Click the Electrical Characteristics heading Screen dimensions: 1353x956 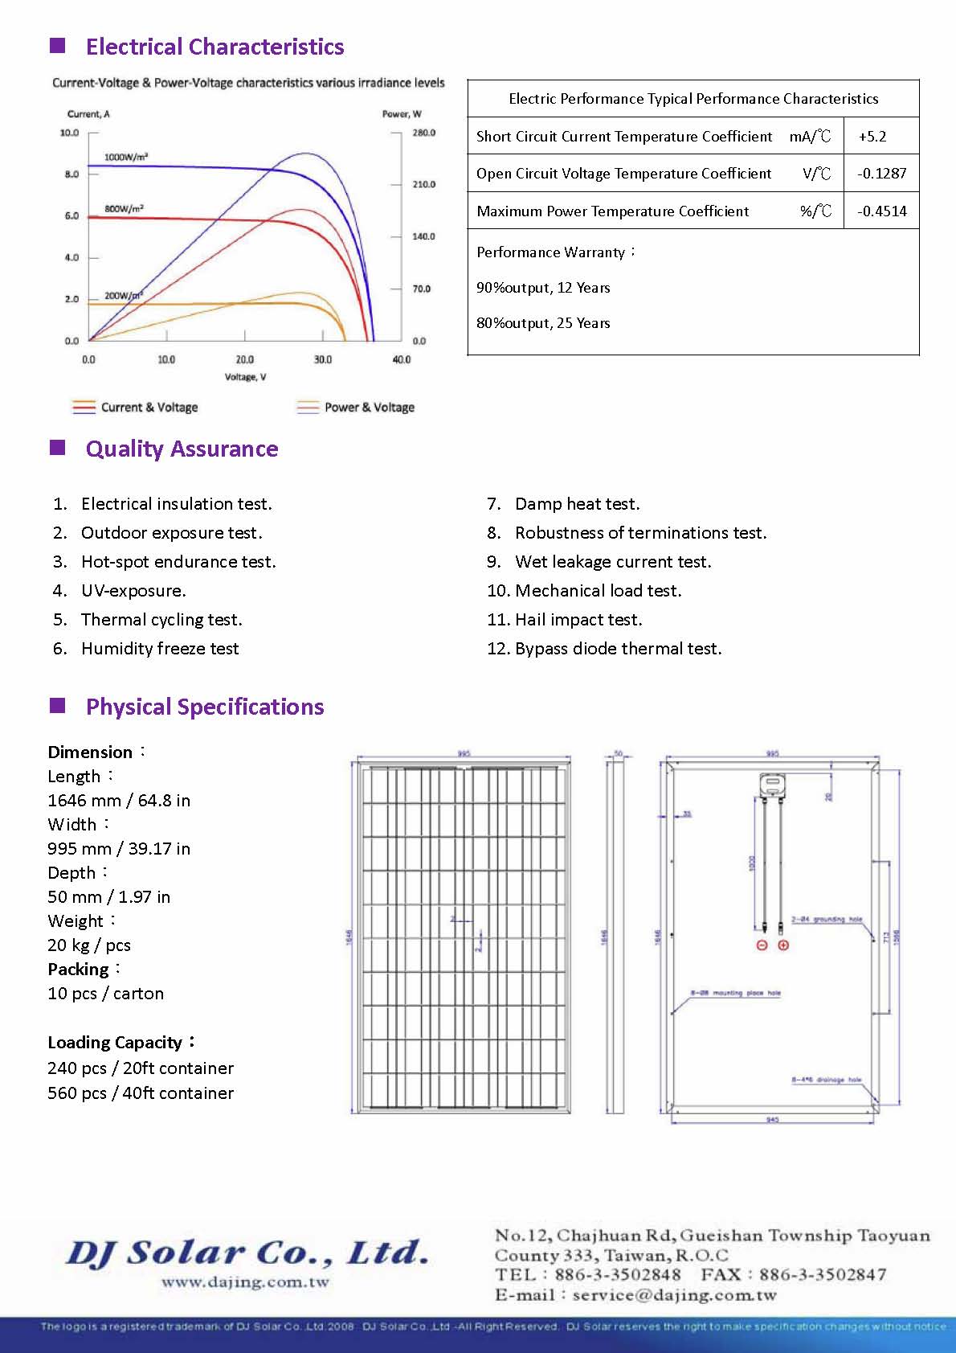pyautogui.click(x=214, y=47)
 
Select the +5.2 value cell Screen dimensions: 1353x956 pyautogui.click(x=872, y=136)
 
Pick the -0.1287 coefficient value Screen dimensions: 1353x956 pyautogui.click(x=881, y=173)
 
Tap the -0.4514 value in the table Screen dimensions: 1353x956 pyautogui.click(x=881, y=211)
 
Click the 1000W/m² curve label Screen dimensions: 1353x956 pyautogui.click(x=126, y=157)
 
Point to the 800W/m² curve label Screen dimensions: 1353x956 pyautogui.click(x=124, y=209)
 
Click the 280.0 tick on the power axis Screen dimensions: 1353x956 pyautogui.click(x=423, y=133)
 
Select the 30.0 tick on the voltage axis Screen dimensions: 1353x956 pyautogui.click(x=322, y=359)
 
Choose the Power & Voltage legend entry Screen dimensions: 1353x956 pyautogui.click(x=369, y=408)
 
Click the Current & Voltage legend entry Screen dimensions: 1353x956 pyautogui.click(x=149, y=408)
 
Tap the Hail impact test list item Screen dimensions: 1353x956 pyautogui.click(x=578, y=620)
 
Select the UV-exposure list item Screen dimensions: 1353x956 pyautogui.click(x=133, y=591)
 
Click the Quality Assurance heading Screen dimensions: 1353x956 pyautogui.click(x=182, y=449)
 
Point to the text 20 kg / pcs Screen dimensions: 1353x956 pyautogui.click(x=89, y=945)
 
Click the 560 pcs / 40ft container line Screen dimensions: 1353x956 pyautogui.click(x=141, y=1093)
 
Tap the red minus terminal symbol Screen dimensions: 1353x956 pyautogui.click(x=762, y=945)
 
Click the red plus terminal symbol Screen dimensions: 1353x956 pyautogui.click(x=783, y=945)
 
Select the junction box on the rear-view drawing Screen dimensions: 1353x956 pyautogui.click(x=772, y=784)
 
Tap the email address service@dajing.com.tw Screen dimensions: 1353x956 pyautogui.click(x=674, y=1295)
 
